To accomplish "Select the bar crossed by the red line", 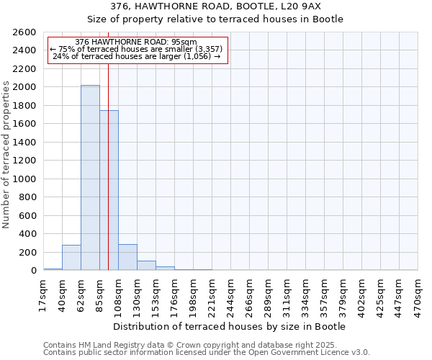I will coord(109,191).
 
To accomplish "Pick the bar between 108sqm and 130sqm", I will coord(127,258).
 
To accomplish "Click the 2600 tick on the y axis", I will coord(25,32).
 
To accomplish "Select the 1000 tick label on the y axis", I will coord(25,179).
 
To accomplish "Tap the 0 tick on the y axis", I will coord(32,271).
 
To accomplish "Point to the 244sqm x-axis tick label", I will coord(230,293).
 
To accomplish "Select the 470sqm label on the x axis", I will coord(418,293).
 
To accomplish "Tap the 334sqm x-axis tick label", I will coord(305,293).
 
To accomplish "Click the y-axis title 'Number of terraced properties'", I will coord(6,155).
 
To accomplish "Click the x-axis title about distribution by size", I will coord(230,327).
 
